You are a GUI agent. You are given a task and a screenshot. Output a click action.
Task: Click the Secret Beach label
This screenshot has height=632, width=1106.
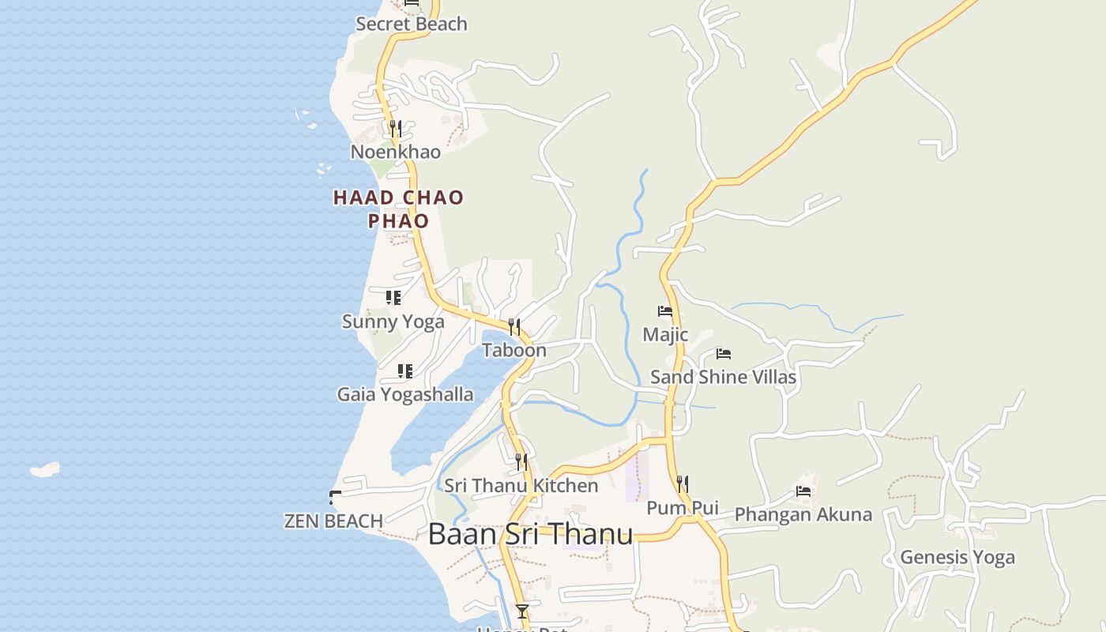pos(412,24)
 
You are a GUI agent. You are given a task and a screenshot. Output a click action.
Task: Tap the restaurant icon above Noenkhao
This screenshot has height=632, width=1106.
pos(396,128)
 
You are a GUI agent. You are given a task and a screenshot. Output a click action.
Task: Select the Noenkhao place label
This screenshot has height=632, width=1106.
pos(396,152)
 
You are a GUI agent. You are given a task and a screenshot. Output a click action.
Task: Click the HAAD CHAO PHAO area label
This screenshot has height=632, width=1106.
pos(398,209)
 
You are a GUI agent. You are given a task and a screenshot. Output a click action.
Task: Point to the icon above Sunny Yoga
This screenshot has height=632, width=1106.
pos(393,298)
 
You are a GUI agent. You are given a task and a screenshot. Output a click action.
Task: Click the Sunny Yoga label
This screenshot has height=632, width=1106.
pos(393,322)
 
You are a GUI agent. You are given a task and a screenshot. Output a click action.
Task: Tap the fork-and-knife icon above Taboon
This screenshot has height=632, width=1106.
pos(514,326)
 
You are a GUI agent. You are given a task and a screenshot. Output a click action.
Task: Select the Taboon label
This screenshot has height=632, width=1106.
pos(514,350)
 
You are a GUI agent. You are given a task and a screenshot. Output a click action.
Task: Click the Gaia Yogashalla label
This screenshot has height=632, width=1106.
pos(405,394)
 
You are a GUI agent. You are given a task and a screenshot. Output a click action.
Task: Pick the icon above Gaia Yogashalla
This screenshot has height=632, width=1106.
pos(405,371)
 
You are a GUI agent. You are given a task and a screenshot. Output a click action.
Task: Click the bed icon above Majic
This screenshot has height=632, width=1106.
pos(665,311)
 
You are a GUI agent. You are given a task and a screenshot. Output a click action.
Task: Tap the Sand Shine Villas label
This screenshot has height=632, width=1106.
pos(723,377)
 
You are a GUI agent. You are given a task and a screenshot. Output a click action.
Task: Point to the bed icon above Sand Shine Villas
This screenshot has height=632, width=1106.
pos(723,354)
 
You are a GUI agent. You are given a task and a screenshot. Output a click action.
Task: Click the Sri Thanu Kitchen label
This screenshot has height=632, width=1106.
pos(521,485)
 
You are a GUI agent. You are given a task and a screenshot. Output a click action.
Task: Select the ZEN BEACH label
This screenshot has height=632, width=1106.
pos(333,521)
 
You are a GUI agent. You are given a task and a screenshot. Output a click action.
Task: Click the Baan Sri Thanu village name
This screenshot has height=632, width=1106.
pos(530,535)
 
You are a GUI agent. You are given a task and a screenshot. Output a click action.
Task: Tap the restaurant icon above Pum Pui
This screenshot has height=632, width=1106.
pos(683,483)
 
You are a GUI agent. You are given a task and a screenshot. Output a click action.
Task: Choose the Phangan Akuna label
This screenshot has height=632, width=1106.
pos(803,515)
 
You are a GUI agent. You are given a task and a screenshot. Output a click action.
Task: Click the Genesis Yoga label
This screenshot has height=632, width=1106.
pos(957,557)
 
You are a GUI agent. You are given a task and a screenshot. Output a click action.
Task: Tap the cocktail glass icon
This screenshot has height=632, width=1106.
pos(521,611)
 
